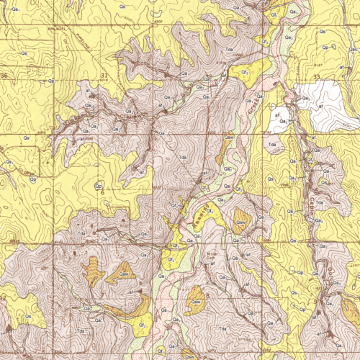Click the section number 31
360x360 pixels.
[104, 75]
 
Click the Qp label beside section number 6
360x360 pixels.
[96, 186]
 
